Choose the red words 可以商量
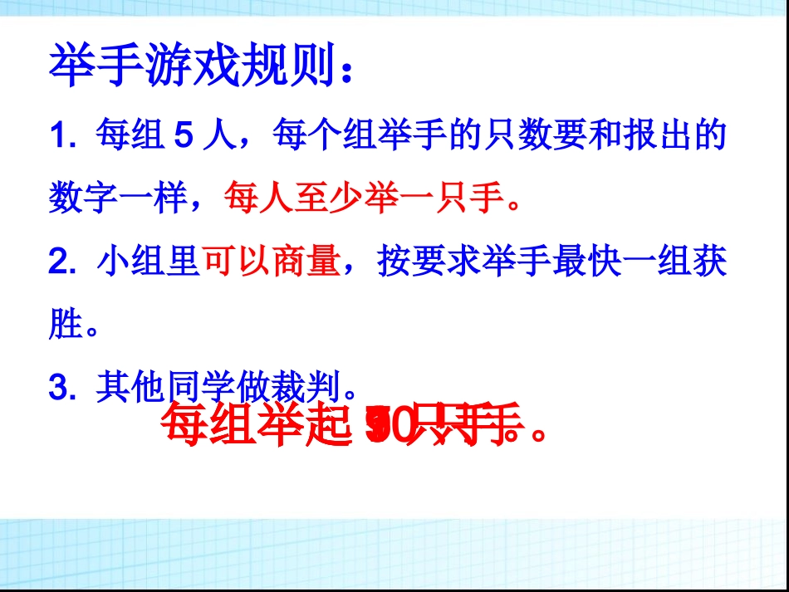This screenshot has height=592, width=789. point(272,262)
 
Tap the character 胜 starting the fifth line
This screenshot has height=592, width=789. point(65,325)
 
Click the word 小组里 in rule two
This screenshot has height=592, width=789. point(148,262)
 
